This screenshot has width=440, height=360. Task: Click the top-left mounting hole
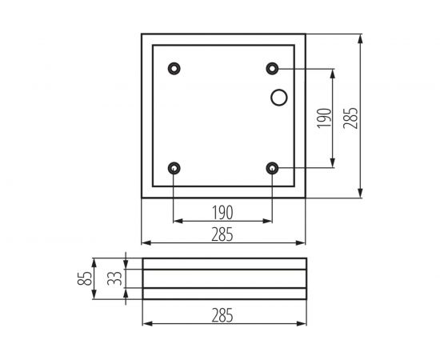click(x=174, y=68)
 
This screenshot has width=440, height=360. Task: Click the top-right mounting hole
click(x=273, y=68)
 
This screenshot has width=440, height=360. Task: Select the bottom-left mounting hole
click(x=174, y=168)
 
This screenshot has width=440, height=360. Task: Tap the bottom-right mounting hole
click(x=273, y=168)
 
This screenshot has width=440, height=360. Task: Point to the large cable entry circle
click(x=279, y=97)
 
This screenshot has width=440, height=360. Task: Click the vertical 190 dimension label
click(x=323, y=118)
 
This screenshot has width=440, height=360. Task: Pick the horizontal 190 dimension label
click(x=222, y=213)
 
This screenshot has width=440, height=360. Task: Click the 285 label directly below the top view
click(x=222, y=234)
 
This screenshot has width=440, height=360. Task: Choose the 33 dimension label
click(x=114, y=279)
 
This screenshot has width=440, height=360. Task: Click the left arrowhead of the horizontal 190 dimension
click(x=178, y=222)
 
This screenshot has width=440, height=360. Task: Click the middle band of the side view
click(x=224, y=279)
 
